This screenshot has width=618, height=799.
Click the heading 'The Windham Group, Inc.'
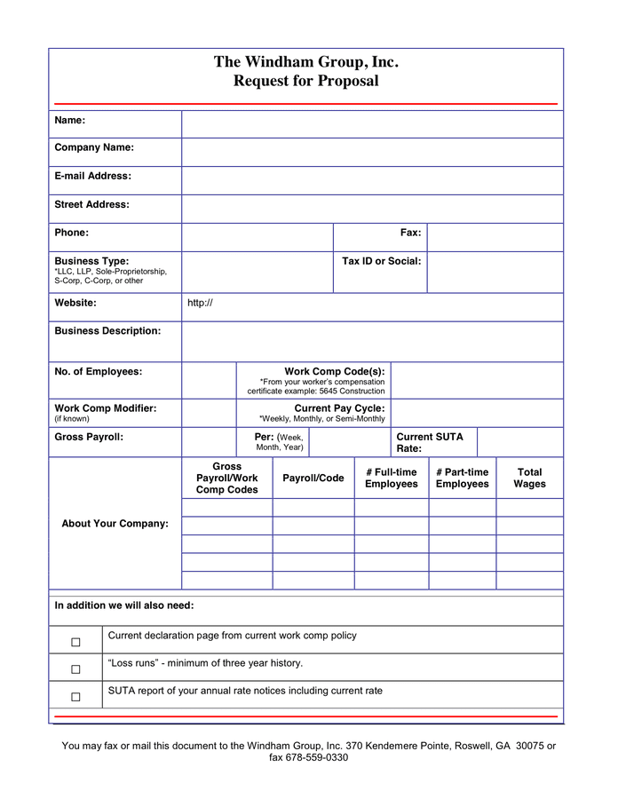coord(305,62)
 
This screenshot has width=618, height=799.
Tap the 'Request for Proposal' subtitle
coord(305,81)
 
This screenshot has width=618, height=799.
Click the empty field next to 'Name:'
coord(372,124)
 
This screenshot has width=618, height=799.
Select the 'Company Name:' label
coord(94,147)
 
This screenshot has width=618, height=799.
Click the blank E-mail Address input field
coord(372,180)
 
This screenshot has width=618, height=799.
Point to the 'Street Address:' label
coord(91,204)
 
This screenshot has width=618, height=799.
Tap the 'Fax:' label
coord(410,233)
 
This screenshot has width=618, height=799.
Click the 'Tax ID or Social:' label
coord(381,261)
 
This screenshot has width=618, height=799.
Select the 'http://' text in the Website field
coord(200,304)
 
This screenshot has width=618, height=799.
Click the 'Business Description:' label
coord(107,331)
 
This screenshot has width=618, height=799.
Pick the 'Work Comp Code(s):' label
coord(334,371)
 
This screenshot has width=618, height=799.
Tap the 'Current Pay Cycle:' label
coord(339,408)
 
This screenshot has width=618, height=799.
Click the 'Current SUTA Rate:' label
coord(429,442)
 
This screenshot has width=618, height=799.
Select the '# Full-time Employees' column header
coord(391,478)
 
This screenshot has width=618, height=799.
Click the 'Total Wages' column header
coord(529,478)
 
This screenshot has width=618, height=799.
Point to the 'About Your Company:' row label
coord(115,524)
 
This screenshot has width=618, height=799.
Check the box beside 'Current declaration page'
coord(75,642)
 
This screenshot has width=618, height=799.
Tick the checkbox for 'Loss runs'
coord(75,669)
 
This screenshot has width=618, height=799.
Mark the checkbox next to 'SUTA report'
coord(75,697)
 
